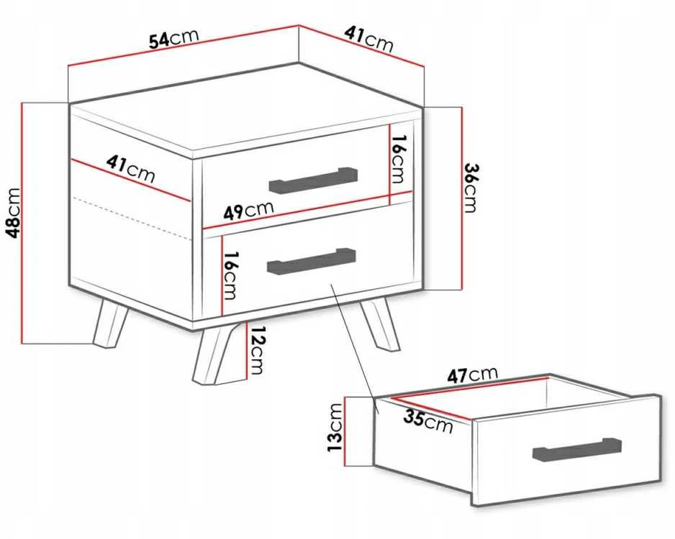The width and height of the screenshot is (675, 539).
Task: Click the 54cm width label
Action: pos(174,39)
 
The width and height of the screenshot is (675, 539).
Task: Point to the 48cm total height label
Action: pos(13,212)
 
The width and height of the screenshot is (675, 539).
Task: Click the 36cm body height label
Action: pos(471,188)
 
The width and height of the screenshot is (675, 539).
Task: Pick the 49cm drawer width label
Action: pos(248,210)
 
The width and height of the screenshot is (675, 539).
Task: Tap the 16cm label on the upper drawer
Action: pos(399,159)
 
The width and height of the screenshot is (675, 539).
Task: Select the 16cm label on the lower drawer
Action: pos(229,275)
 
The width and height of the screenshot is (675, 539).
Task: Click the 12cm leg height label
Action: pos(255,350)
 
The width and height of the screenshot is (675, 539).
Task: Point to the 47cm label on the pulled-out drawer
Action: pos(472,375)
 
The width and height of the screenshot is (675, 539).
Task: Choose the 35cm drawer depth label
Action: pos(428,421)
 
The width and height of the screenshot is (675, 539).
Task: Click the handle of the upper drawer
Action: pos(313,180)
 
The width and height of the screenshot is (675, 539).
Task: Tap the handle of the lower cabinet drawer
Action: pos(312,261)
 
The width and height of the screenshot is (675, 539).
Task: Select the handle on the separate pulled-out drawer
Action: pos(577,450)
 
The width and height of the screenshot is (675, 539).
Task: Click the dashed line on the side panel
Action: pos(131,218)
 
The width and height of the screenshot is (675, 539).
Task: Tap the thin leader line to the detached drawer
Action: pos(354,348)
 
